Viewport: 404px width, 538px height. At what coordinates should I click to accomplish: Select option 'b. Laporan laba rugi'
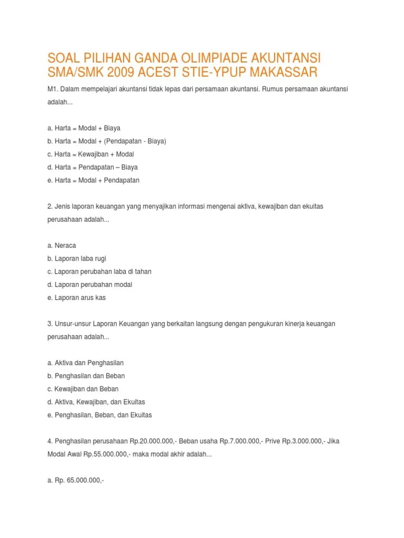77,258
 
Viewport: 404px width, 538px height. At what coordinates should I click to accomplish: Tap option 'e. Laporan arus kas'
77,297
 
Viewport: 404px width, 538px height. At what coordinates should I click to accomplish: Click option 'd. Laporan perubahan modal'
89,284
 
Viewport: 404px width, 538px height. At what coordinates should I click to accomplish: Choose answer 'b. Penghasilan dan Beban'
86,376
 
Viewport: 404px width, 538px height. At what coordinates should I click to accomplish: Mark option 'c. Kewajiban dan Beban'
83,389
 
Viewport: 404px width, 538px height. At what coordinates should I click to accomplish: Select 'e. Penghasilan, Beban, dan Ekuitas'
99,415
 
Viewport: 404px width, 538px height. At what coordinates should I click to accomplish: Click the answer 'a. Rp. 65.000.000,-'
76,480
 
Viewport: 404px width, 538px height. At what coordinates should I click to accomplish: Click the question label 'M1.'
52,89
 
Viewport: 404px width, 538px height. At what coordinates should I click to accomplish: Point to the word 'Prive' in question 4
261,441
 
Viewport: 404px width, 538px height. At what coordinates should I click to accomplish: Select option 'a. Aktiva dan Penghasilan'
85,363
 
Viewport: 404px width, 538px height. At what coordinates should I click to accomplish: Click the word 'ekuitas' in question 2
312,206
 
